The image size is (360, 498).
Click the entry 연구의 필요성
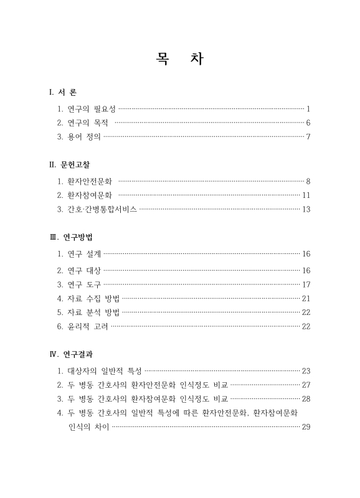91,108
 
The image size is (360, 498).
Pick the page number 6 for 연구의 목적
308,123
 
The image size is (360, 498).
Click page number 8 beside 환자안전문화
308,181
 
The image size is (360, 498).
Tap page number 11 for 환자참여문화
306,195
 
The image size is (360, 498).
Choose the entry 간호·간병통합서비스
102,210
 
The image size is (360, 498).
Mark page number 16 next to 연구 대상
306,270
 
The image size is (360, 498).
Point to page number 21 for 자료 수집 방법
306,298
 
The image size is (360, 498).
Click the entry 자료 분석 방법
93,312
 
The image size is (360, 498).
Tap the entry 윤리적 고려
88,327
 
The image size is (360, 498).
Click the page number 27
306,385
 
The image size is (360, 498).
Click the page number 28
306,398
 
